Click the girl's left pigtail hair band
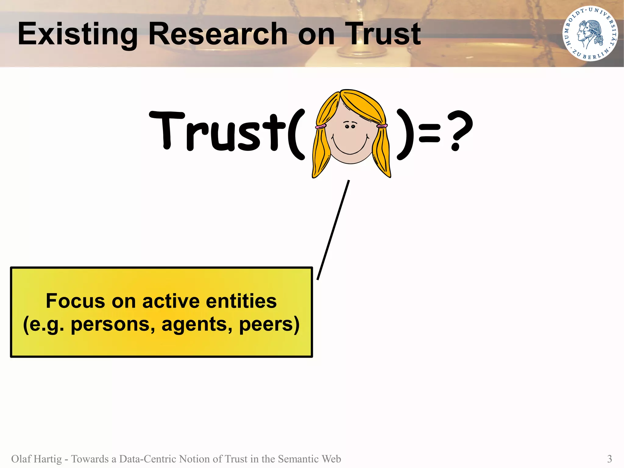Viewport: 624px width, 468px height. tap(320, 126)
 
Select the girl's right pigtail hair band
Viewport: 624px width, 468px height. tap(382, 126)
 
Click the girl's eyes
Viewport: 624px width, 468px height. tap(350, 126)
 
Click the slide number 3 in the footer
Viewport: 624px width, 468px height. tap(609, 459)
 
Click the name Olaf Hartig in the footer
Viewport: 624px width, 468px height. tap(37, 459)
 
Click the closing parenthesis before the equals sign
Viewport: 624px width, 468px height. tap(406, 134)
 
